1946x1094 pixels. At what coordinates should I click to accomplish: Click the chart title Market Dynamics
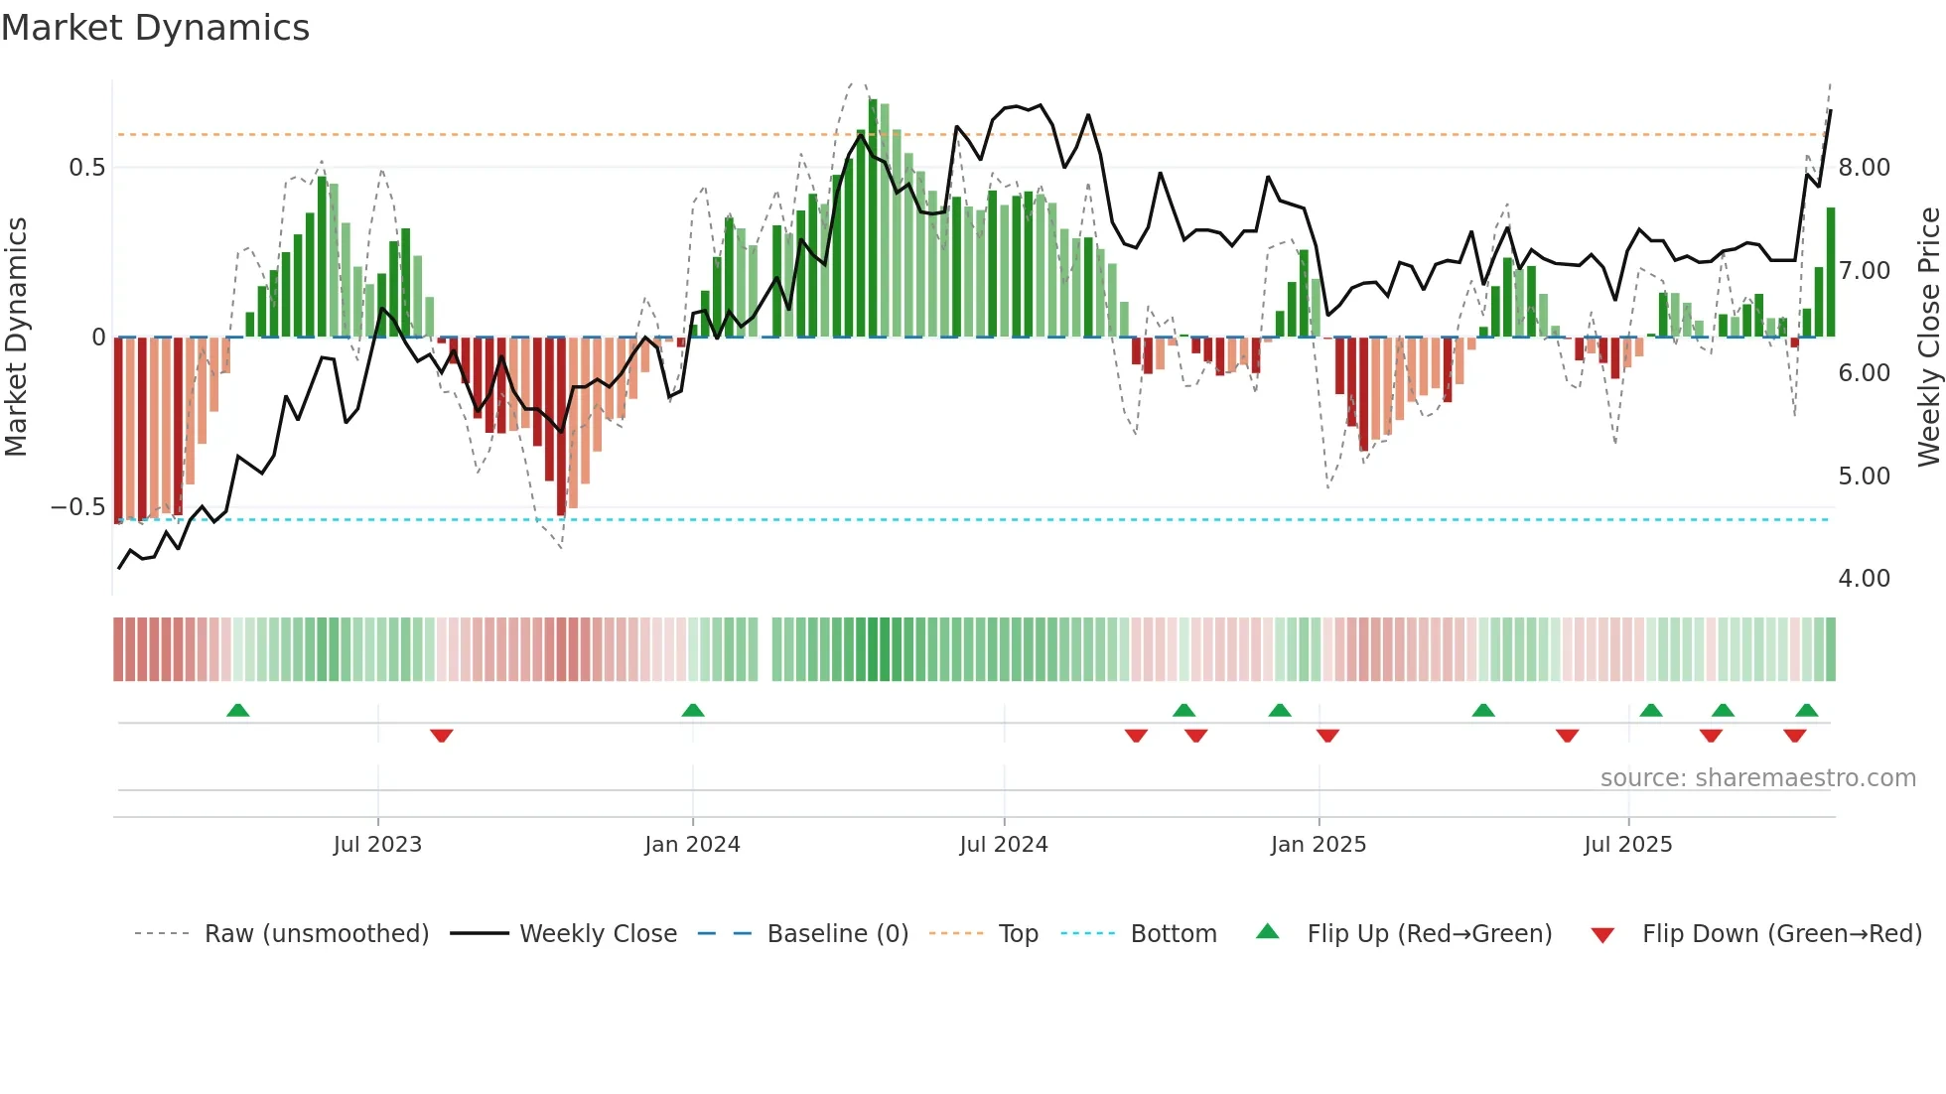point(155,28)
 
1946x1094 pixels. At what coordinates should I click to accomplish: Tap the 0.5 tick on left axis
point(87,167)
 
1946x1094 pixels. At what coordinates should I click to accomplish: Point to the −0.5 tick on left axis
point(78,507)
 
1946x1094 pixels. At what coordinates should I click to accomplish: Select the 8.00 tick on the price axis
point(1864,167)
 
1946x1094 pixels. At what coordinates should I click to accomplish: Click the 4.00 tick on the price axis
point(1864,578)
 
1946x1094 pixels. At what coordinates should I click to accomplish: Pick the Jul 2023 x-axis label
point(377,845)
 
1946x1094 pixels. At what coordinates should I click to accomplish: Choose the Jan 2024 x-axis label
point(692,845)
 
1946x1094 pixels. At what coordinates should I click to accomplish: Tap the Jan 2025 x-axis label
point(1318,845)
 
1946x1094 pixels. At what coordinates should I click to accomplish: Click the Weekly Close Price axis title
point(1928,337)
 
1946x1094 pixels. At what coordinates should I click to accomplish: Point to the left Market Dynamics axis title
point(16,337)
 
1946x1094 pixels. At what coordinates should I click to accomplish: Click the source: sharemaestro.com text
point(1757,778)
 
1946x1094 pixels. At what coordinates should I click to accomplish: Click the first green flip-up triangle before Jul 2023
point(237,711)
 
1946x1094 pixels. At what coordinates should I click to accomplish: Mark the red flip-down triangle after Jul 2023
point(442,735)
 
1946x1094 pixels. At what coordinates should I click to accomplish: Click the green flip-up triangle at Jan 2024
point(693,711)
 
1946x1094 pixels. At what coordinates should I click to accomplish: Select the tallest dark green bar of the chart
point(873,218)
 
